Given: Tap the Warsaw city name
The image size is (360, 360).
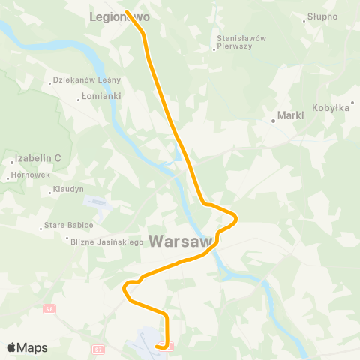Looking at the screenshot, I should pos(179,241).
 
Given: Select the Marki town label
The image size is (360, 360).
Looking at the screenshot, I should pos(290,115).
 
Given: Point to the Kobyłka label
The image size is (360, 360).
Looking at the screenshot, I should pos(332,108).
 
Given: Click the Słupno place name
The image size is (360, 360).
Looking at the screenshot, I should pos(323,16).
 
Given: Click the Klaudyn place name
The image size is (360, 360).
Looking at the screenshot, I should pos(69,189).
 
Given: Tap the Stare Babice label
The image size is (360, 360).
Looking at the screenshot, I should pos(69,225).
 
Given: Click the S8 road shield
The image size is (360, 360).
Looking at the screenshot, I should pos(49,308).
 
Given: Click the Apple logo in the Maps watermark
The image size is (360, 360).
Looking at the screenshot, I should pos(11,347).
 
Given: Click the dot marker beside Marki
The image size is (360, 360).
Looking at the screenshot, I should pos(274,120).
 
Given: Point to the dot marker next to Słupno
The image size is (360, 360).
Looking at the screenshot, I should pos(304,20).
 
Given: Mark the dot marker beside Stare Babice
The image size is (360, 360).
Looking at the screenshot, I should pos(41,229).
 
